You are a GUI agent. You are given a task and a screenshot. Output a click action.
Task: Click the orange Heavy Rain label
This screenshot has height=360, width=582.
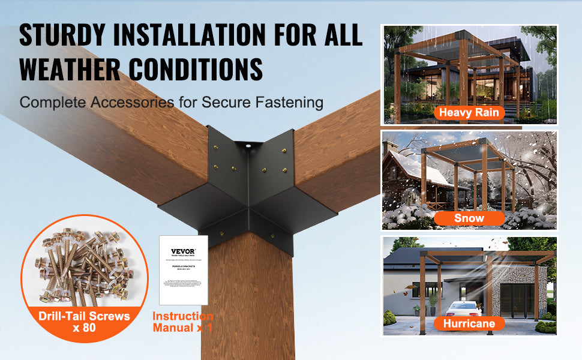(469, 112)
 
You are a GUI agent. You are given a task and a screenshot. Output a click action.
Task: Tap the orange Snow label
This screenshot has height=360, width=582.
(469, 218)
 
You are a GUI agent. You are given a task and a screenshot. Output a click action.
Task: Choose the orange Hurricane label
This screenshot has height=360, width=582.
(469, 324)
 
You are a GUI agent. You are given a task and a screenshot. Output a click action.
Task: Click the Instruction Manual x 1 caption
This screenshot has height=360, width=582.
(182, 322)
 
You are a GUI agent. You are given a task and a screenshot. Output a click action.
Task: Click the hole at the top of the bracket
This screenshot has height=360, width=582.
(246, 145)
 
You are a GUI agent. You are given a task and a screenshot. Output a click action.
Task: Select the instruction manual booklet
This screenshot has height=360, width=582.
(184, 269)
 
